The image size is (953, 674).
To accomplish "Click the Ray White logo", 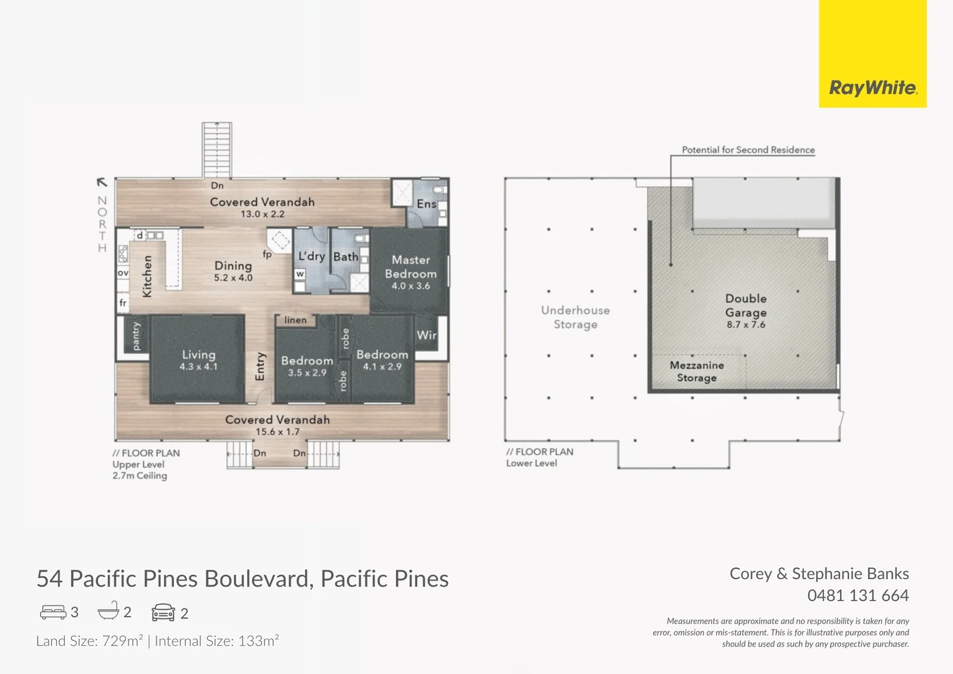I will (873, 88).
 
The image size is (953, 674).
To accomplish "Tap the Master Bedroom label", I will (410, 266).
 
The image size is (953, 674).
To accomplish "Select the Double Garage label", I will (746, 306).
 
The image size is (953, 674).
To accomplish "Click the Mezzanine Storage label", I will (697, 371).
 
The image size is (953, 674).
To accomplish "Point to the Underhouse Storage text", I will (575, 317).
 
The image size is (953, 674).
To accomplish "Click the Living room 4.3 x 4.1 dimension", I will (198, 367).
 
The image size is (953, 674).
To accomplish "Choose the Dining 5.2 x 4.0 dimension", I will (233, 278).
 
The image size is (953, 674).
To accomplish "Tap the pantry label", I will (136, 336).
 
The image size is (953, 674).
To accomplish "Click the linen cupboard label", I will (296, 320).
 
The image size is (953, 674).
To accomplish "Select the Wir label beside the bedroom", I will (427, 335).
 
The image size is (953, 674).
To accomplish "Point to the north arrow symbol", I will (102, 182).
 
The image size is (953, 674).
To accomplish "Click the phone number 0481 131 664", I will (858, 595).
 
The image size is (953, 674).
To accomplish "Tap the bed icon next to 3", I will (53, 612).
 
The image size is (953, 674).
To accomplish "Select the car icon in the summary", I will (163, 612).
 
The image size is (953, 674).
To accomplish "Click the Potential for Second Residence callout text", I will (748, 150).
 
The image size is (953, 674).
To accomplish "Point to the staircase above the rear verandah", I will (217, 150).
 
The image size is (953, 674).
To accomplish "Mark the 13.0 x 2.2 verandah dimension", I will (263, 214).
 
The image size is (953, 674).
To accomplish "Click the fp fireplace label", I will (267, 254).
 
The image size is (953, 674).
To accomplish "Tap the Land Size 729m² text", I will (89, 641).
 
